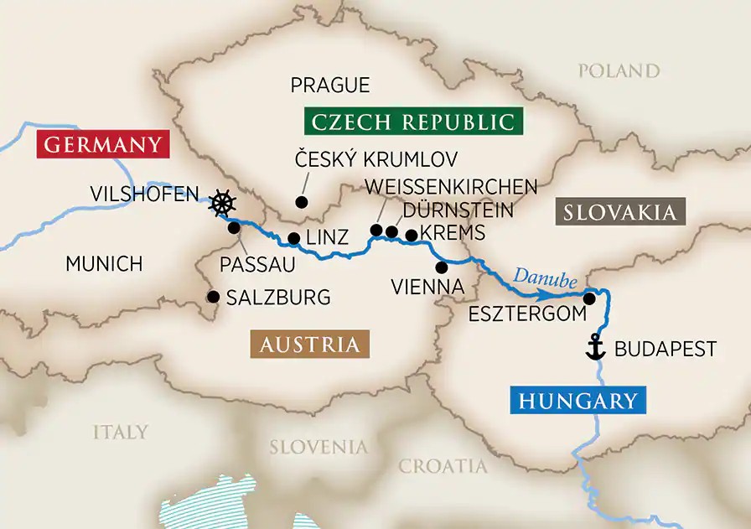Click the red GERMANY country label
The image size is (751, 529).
103,144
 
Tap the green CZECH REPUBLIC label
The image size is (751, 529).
412,121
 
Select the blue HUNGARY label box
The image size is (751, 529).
577,401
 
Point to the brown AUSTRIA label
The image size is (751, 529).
309,344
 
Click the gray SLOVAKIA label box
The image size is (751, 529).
620,212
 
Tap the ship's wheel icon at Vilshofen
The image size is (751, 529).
221,203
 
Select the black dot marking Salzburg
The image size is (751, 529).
213,297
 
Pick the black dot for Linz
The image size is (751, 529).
293,238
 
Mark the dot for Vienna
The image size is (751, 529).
441,267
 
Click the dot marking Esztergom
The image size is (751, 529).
590,298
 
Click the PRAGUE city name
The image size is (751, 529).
329,85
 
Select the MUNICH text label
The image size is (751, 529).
104,264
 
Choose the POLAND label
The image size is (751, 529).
619,70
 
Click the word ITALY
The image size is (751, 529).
121,432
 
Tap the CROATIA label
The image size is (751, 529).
443,466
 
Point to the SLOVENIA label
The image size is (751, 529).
318,447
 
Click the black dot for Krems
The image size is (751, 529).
411,235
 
